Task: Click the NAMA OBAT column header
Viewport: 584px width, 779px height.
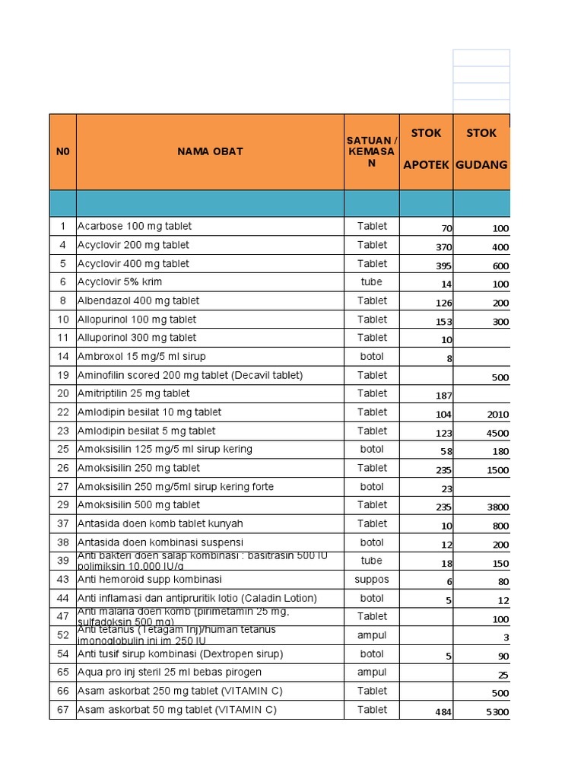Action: (210, 151)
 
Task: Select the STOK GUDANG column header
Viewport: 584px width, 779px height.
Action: (481, 149)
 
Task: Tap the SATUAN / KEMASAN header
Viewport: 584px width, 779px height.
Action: (372, 151)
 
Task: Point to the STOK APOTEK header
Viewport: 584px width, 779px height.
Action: (426, 149)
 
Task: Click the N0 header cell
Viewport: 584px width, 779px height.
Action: (62, 151)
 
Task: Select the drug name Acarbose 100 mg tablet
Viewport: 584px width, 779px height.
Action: (135, 226)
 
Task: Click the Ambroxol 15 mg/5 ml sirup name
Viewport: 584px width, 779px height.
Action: (141, 356)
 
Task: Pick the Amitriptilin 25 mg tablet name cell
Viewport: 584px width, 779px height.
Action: (134, 393)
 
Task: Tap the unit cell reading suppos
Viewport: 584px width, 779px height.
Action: (372, 580)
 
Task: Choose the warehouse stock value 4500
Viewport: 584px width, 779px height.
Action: (498, 434)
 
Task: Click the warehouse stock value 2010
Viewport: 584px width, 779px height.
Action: (498, 415)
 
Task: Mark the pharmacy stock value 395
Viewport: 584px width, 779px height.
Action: (443, 266)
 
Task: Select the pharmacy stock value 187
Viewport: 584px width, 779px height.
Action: (443, 396)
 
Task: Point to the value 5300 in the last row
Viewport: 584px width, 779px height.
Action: (498, 712)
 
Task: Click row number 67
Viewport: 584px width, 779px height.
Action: (62, 710)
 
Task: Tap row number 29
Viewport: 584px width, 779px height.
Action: (62, 505)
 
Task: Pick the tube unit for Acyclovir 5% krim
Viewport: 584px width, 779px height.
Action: (372, 281)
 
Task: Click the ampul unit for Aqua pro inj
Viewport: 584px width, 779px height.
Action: (372, 672)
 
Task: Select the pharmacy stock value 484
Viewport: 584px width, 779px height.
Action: (442, 712)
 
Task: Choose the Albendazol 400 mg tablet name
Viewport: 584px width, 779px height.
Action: (138, 300)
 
